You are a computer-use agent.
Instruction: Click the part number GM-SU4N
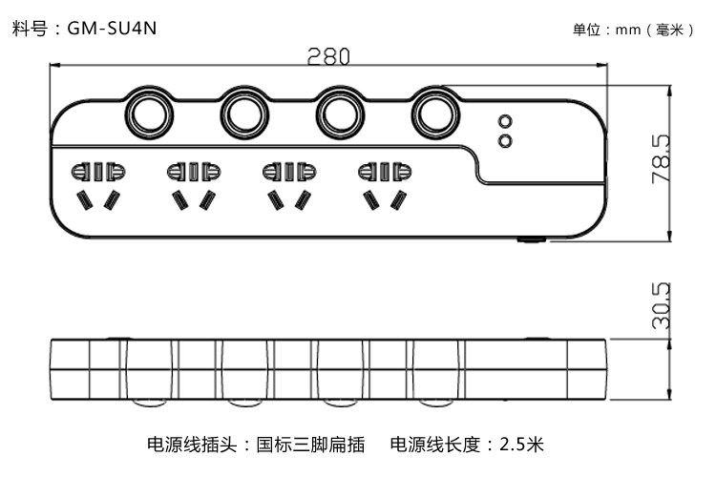coord(112,29)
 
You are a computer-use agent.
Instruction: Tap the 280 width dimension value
coord(328,56)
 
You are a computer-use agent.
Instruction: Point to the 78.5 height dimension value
coord(662,159)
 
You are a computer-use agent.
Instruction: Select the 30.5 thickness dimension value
coord(662,305)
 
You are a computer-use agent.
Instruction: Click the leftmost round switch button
coord(149,114)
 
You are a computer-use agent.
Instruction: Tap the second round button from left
coord(244,114)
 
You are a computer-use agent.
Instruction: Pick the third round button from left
coord(340,114)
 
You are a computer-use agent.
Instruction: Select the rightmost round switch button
coord(435,114)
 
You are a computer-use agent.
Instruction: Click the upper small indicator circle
coord(505,122)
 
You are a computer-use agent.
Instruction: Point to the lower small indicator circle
coord(505,140)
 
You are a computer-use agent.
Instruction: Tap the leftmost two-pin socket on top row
coord(98,172)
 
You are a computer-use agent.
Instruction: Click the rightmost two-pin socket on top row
coord(385,172)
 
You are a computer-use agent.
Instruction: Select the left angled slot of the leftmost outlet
coord(84,200)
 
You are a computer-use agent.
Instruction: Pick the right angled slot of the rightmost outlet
coord(399,200)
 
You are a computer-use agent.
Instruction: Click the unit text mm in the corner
coord(628,31)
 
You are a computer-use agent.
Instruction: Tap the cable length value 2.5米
coord(521,444)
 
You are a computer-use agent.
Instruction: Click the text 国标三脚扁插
coord(310,445)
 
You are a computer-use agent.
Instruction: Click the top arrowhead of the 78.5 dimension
coord(669,92)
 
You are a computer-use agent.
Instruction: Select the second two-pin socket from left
coord(194,172)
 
